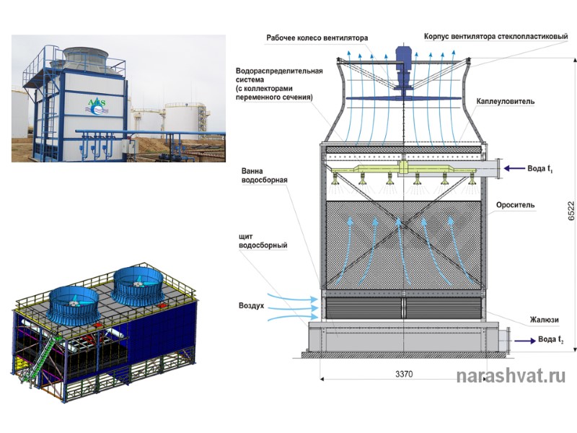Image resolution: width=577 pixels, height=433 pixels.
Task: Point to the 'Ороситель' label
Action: click(x=515, y=205)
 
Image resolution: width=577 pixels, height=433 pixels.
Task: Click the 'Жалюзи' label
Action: click(x=544, y=320)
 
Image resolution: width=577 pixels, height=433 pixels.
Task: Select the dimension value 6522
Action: click(x=571, y=209)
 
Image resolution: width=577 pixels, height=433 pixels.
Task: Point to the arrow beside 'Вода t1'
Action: click(x=514, y=169)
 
